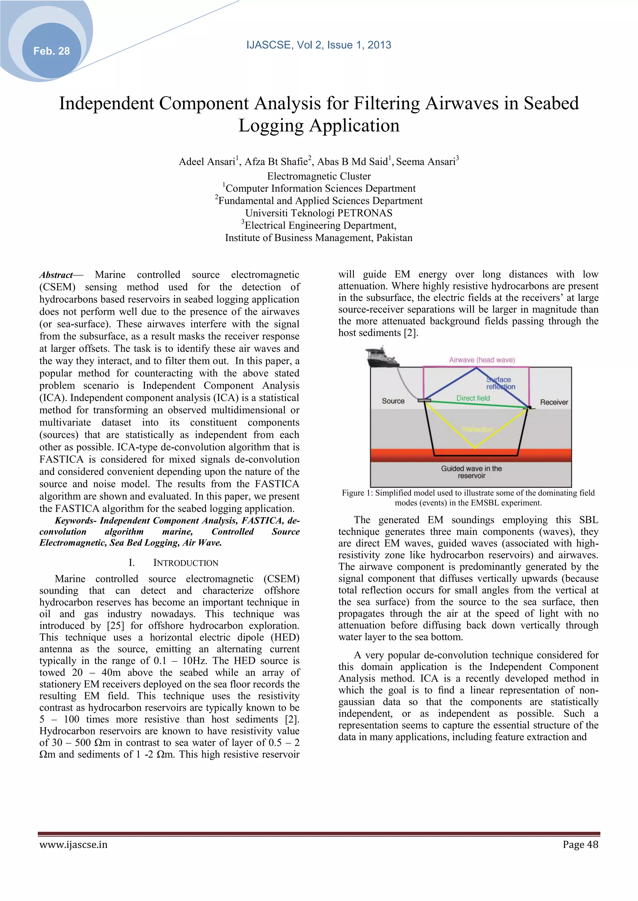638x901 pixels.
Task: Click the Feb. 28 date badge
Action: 51,51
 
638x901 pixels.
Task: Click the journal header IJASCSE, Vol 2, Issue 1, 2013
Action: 319,45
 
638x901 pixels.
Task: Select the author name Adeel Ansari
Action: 207,162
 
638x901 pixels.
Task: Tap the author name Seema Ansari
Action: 426,162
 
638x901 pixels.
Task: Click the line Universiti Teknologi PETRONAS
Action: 319,213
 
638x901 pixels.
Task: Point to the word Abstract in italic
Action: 56,275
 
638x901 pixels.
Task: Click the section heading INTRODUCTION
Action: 185,563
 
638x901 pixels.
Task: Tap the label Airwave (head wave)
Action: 482,360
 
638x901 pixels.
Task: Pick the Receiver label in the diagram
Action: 554,402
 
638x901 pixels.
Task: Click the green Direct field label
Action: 473,398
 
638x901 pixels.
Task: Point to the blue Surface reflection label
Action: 500,383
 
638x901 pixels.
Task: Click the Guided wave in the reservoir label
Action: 471,472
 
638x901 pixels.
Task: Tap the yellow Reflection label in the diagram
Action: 477,429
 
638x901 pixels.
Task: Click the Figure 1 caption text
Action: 468,498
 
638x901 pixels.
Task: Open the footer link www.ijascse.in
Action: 74,844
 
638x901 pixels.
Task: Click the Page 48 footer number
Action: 580,844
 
